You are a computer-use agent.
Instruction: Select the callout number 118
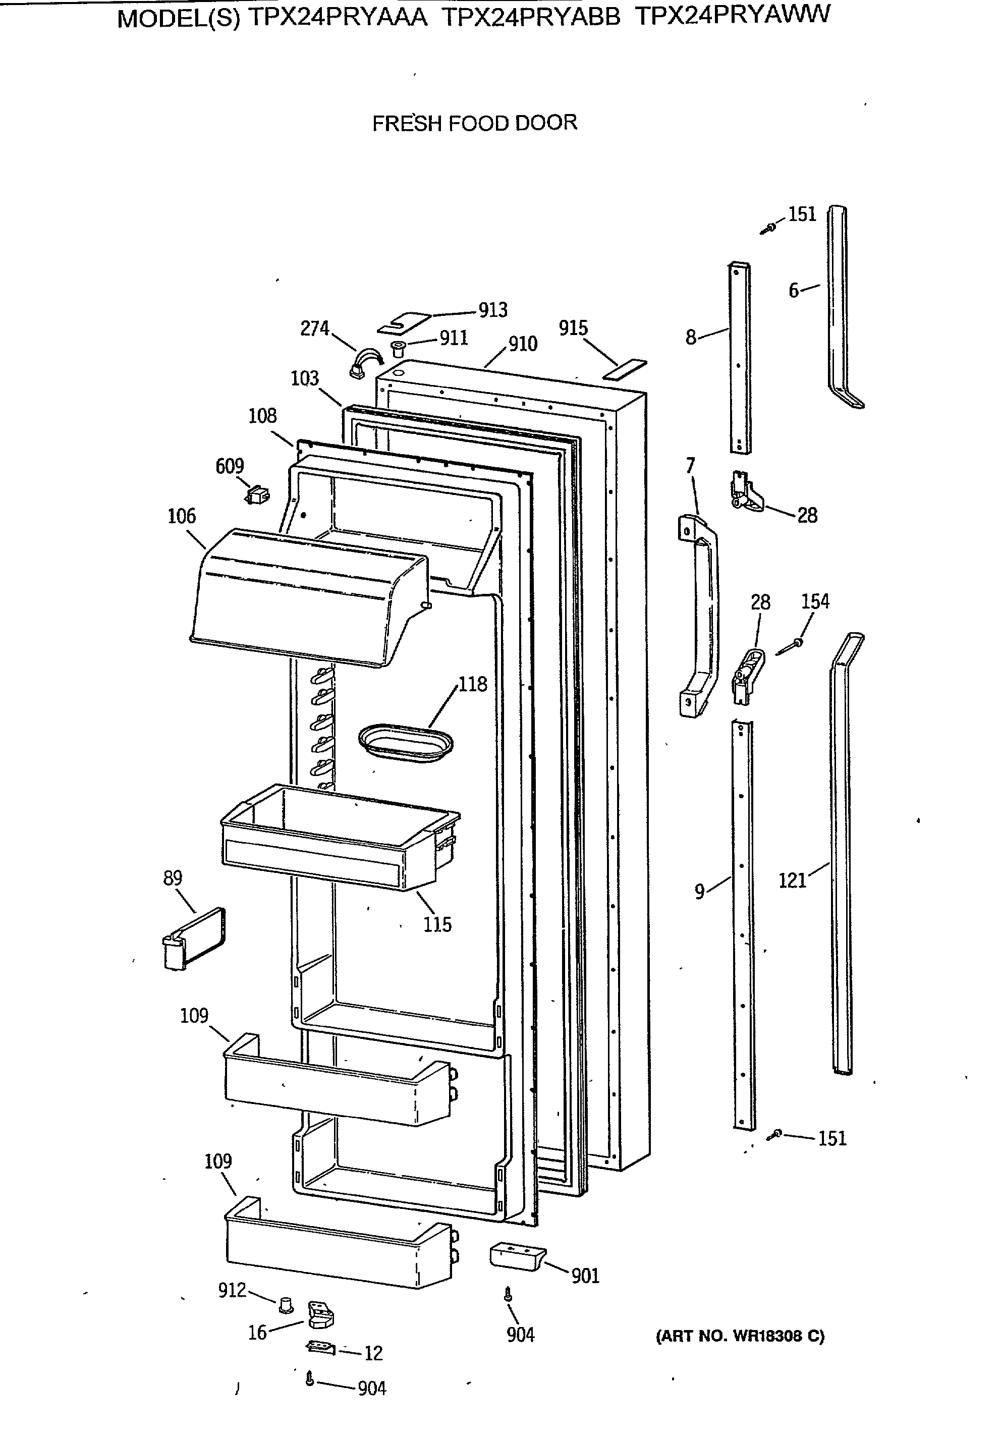click(472, 684)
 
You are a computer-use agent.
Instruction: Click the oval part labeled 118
click(405, 742)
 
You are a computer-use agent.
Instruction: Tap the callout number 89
click(173, 878)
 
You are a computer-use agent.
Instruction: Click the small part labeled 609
click(257, 495)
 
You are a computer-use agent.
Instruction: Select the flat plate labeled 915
click(624, 369)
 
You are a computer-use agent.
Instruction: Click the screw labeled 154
click(796, 643)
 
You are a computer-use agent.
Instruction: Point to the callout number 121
click(792, 880)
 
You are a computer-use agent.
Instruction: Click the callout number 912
click(232, 1290)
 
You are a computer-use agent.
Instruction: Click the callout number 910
click(522, 344)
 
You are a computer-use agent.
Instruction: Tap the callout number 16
click(257, 1333)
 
